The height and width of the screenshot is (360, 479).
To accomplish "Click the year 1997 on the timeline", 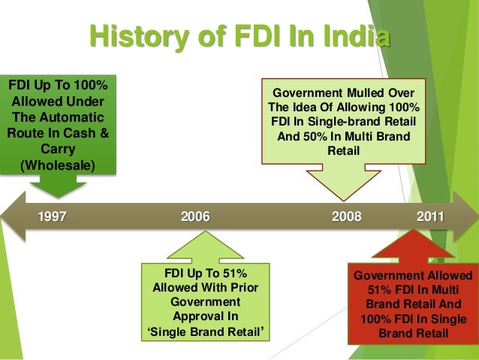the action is point(53,217).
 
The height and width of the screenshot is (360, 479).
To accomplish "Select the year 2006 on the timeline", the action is point(195,217).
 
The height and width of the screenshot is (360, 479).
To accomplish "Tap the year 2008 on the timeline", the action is point(346,217).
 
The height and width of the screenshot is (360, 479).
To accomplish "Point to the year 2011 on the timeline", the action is point(430,217).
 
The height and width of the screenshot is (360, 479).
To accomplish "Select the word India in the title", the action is point(351,36).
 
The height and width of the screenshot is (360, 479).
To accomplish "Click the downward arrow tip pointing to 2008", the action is point(346,198).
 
